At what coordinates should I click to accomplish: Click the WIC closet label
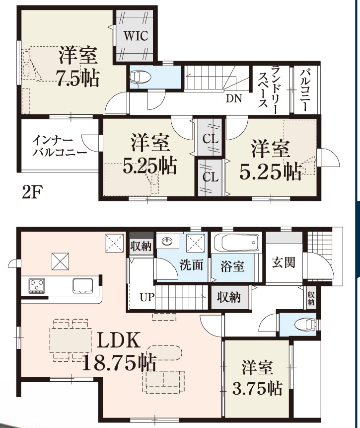[136, 36]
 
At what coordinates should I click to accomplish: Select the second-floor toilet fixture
[141, 76]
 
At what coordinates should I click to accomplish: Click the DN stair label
[234, 98]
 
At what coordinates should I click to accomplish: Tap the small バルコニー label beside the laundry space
[305, 90]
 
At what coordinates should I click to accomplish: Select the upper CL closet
[210, 137]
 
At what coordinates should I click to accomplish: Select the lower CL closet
[210, 177]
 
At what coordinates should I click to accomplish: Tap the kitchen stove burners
[37, 286]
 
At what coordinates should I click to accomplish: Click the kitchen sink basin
[83, 285]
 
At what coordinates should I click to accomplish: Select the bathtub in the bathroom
[236, 243]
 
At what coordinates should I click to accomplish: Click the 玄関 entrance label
[284, 263]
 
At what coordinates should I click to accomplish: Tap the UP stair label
[147, 297]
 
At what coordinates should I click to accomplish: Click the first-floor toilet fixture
[306, 324]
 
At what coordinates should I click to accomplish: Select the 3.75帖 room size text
[257, 388]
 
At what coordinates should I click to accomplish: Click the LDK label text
[119, 340]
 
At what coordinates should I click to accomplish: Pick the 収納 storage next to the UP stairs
[229, 297]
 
